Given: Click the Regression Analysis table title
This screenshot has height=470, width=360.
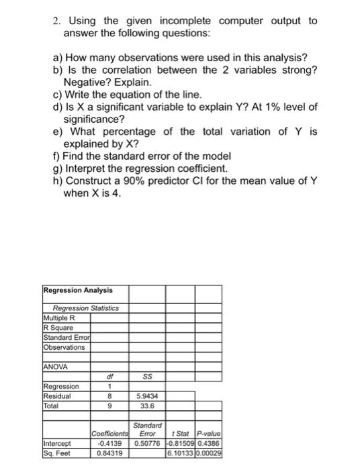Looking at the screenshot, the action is (x=78, y=290).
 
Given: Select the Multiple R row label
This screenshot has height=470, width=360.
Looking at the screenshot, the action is (x=58, y=317).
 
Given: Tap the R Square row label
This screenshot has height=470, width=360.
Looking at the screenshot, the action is (x=57, y=327).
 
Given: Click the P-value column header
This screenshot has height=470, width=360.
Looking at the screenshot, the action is (x=209, y=433).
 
